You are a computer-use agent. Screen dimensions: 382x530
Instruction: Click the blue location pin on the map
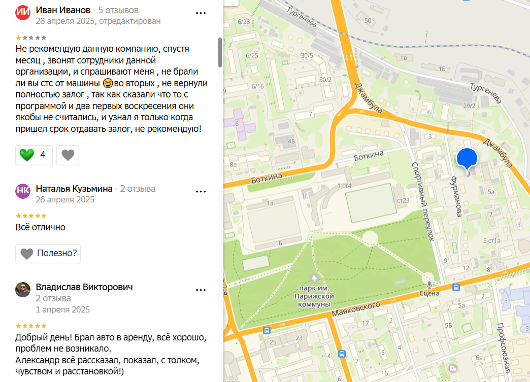point(467,158)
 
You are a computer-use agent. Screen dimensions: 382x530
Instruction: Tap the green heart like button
point(26,155)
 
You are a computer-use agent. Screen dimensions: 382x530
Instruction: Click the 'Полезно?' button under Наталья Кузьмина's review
point(48,253)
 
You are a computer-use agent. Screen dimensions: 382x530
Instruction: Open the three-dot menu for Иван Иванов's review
point(201,13)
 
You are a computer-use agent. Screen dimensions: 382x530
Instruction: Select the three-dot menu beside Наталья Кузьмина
point(201,192)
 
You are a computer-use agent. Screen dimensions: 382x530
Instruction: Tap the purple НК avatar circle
point(23,191)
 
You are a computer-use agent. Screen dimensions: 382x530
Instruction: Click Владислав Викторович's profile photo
point(23,290)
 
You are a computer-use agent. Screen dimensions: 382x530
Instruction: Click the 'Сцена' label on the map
point(429,293)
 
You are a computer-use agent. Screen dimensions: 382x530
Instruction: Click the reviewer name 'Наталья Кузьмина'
point(74,189)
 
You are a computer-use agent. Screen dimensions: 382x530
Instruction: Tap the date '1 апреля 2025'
point(63,309)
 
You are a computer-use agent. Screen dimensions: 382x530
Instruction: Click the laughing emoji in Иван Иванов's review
point(108,83)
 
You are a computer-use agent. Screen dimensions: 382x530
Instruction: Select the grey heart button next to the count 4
point(68,155)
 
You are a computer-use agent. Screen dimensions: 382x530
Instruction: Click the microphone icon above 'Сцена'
point(429,283)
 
